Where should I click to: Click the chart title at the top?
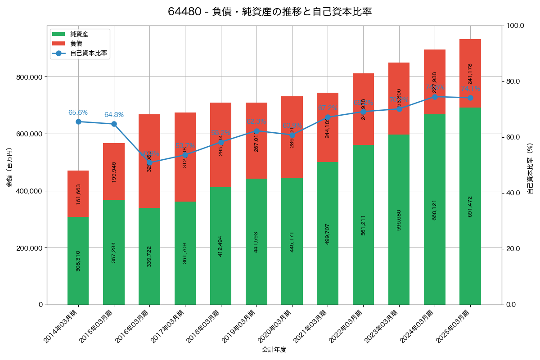click(x=270, y=12)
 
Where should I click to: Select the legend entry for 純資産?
click(x=79, y=34)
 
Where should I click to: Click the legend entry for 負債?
click(x=76, y=44)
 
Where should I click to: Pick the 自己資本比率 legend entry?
click(x=88, y=53)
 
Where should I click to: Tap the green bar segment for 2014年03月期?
click(x=78, y=261)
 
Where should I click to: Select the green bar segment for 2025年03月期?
click(x=470, y=206)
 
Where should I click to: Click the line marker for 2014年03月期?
click(x=78, y=121)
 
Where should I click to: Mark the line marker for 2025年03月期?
click(x=470, y=98)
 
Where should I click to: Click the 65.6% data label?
click(x=78, y=112)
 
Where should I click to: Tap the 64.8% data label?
click(x=114, y=115)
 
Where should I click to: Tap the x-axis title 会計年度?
click(x=274, y=350)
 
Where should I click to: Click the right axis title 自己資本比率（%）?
click(x=530, y=168)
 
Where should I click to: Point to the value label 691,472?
click(x=470, y=206)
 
